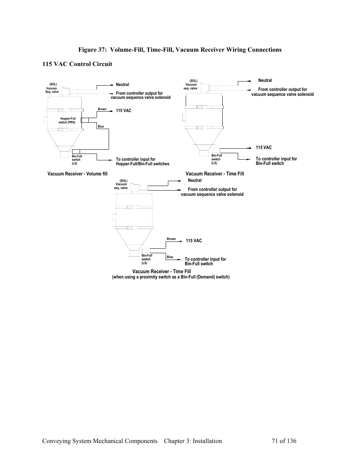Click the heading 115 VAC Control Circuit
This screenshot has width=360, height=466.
tap(77, 64)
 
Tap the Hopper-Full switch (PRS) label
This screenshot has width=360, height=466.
tap(67, 120)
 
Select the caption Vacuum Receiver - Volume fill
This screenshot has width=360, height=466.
tap(77, 174)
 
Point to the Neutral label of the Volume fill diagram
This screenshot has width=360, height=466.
tap(122, 85)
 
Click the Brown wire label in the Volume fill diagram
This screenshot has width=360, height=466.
tap(102, 109)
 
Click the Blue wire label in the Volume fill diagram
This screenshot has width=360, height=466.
tap(101, 126)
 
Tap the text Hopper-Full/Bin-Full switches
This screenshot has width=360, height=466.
tap(143, 164)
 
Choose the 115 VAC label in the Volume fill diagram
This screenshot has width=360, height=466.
tap(123, 111)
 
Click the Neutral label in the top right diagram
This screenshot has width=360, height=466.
tap(265, 80)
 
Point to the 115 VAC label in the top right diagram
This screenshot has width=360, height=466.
tap(264, 148)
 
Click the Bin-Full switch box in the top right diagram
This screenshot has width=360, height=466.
tap(216, 150)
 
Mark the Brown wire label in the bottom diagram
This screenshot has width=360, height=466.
tap(171, 239)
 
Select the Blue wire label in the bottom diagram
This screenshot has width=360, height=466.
tap(170, 257)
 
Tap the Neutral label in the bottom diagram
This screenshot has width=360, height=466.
tap(195, 180)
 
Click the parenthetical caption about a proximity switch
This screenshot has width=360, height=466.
tap(171, 277)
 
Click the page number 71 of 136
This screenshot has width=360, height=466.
tap(284, 441)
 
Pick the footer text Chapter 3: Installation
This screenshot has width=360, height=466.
tap(193, 441)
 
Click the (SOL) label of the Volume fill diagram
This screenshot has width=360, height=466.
tap(53, 84)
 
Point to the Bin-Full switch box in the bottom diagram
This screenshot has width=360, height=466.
tap(146, 251)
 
